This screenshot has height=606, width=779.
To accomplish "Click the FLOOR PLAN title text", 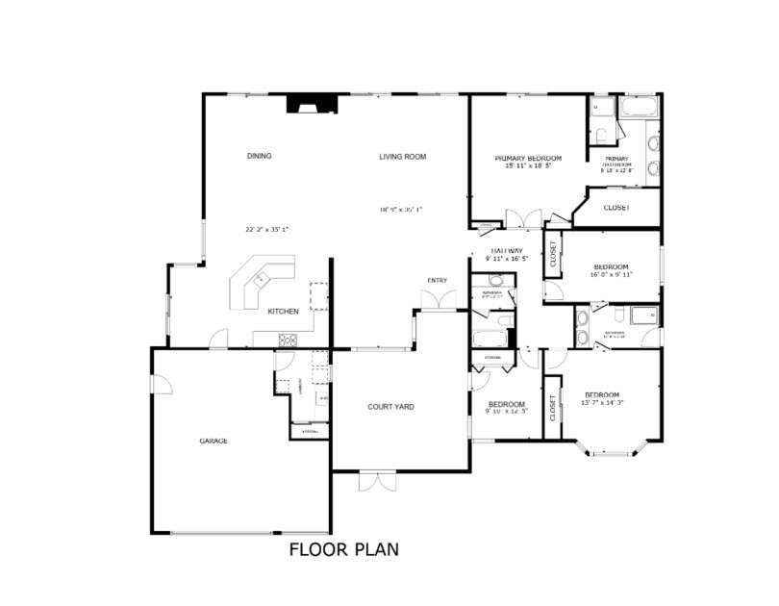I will point(343,550).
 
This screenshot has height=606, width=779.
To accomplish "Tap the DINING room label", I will point(259,156).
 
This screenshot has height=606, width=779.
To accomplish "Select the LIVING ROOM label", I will point(402,156).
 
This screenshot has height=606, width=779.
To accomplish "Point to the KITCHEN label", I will point(283,311).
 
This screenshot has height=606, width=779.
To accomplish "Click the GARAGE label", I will point(213,441).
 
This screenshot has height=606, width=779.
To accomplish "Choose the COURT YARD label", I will point(390,407).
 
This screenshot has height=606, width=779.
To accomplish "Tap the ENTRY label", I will point(438,281).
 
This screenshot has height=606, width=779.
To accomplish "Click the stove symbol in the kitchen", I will point(288,339).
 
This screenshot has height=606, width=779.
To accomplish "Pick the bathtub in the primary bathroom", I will point(638,107).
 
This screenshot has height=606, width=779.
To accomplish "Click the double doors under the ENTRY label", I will point(438,300).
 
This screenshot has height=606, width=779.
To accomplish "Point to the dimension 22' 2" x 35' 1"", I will point(267,230).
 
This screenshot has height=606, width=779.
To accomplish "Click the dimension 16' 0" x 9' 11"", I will point(611,275).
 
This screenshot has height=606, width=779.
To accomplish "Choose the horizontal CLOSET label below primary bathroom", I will point(616,208).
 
